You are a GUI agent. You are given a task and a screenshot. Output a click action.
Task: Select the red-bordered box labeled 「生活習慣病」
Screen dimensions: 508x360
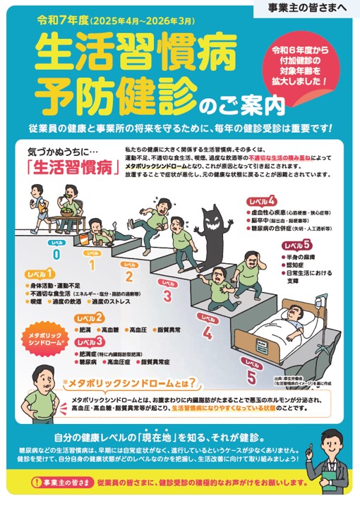(x=66, y=168)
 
